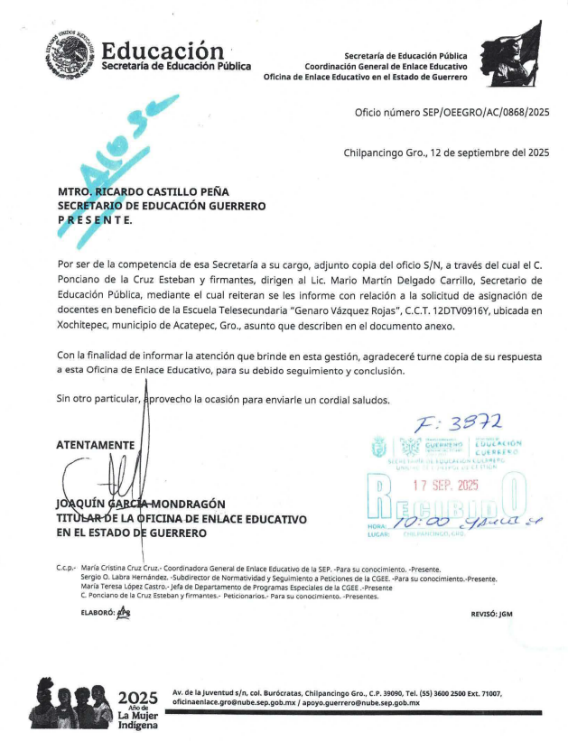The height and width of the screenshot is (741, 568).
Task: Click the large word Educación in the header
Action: pos(163,50)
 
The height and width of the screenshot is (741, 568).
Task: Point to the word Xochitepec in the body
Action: pos(86,325)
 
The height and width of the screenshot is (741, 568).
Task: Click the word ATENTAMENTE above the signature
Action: pos(95,445)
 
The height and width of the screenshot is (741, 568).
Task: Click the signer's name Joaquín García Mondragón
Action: pos(140,504)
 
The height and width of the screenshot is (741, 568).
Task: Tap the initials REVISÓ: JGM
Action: pos(491,614)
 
